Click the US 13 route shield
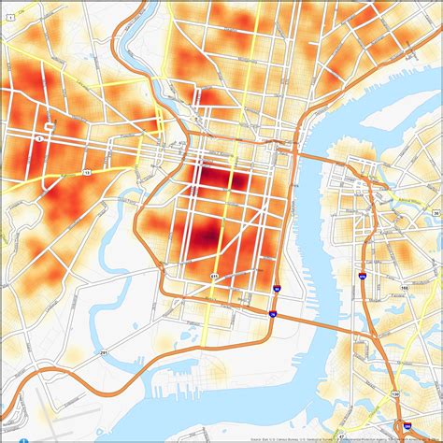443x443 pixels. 88,173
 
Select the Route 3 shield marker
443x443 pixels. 39,137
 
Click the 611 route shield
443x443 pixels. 215,277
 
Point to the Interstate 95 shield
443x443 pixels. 277,291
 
